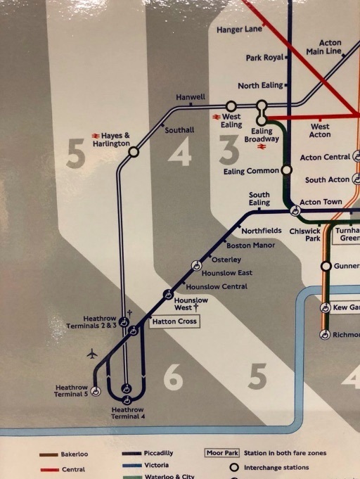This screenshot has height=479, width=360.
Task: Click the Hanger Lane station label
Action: click(238, 30)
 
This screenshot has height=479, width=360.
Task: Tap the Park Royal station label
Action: click(264, 58)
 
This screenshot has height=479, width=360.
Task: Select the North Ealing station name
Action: click(259, 86)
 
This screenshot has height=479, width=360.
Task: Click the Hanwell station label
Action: click(191, 97)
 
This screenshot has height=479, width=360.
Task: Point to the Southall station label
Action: click(179, 130)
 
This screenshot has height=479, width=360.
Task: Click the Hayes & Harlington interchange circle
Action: click(134, 151)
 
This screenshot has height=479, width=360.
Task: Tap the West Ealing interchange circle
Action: click(231, 106)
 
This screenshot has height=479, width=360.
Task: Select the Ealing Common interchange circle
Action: click(286, 170)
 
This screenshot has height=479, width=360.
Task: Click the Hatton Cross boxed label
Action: click(174, 322)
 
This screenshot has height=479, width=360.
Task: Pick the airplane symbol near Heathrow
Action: click(92, 354)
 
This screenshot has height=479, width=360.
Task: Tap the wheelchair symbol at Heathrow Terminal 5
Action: click(96, 391)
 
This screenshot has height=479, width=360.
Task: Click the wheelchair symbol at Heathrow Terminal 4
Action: click(127, 388)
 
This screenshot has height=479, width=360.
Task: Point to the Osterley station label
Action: click(226, 260)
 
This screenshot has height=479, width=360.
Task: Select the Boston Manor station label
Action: click(250, 245)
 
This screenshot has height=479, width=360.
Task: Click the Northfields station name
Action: click(261, 231)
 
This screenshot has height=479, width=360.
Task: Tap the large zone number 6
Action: click(173, 378)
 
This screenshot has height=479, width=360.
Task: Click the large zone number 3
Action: click(229, 151)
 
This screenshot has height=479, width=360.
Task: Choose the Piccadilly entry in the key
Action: click(158, 454)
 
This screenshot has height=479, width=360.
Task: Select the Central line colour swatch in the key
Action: click(49, 468)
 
